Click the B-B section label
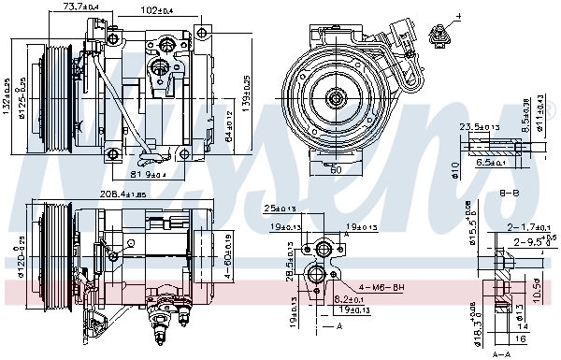509,192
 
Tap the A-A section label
501,354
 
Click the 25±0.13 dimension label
279,208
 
